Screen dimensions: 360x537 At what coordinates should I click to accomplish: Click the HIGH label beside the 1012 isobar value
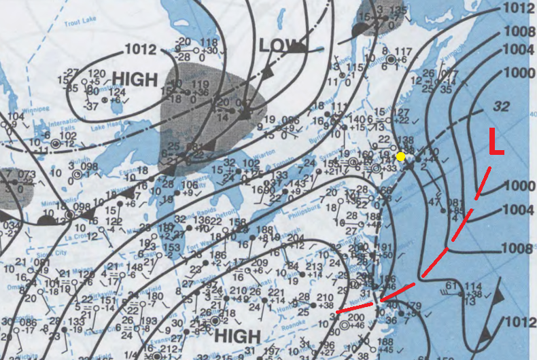click(x=135, y=79)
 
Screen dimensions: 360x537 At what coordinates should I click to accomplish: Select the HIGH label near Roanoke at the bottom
click(x=237, y=336)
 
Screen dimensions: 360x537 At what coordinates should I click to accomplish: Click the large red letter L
click(x=496, y=145)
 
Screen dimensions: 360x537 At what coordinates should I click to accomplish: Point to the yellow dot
click(x=401, y=156)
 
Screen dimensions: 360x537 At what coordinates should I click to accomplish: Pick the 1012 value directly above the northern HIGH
click(x=141, y=50)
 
